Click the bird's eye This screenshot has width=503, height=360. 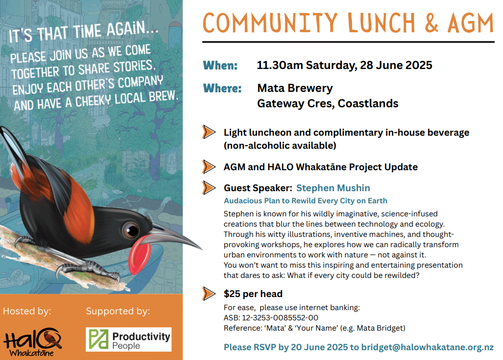130,230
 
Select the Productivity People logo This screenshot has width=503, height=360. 129,339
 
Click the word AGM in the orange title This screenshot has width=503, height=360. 470,23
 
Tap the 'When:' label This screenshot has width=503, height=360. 220,65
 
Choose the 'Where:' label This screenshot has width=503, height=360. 222,88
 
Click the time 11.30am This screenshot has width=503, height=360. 280,65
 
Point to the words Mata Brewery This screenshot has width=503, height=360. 295,88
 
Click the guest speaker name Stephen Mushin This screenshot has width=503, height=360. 333,188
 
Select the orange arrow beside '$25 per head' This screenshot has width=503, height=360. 208,294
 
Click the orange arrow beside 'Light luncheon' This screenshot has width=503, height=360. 208,132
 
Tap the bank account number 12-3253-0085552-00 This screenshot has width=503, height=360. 280,318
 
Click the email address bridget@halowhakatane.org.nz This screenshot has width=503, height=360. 427,347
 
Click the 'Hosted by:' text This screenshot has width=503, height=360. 27,311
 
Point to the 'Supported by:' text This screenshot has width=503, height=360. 118,311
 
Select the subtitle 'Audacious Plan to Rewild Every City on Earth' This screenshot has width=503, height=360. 305,201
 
